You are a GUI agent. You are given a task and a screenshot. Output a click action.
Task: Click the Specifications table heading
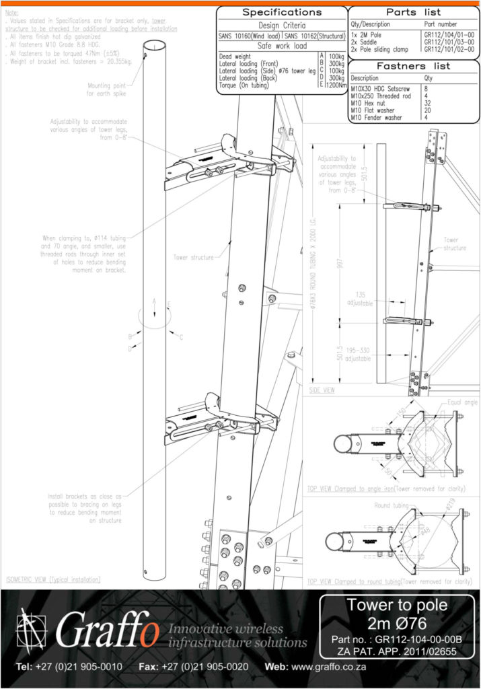pos(282,12)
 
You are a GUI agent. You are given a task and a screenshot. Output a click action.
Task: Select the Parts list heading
pos(414,12)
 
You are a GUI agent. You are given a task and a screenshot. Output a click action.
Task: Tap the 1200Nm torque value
pos(336,85)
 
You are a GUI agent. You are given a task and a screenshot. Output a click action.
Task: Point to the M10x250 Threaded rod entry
pos(378,96)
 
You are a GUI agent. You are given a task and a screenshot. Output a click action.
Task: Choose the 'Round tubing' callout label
pos(392,504)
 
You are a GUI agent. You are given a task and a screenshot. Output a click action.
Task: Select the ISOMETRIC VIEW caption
pos(53,579)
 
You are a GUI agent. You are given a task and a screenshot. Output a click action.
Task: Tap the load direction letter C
pos(181,337)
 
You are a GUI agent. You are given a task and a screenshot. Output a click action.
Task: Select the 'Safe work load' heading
pos(283,46)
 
